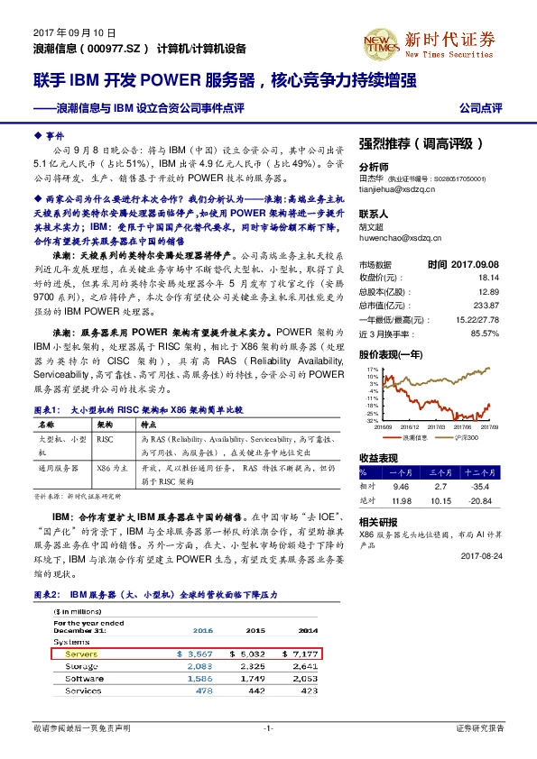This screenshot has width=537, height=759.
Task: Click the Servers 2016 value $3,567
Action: coord(196,653)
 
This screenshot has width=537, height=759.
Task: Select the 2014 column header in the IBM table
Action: coord(308,631)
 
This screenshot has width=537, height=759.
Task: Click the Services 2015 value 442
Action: coord(256,690)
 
